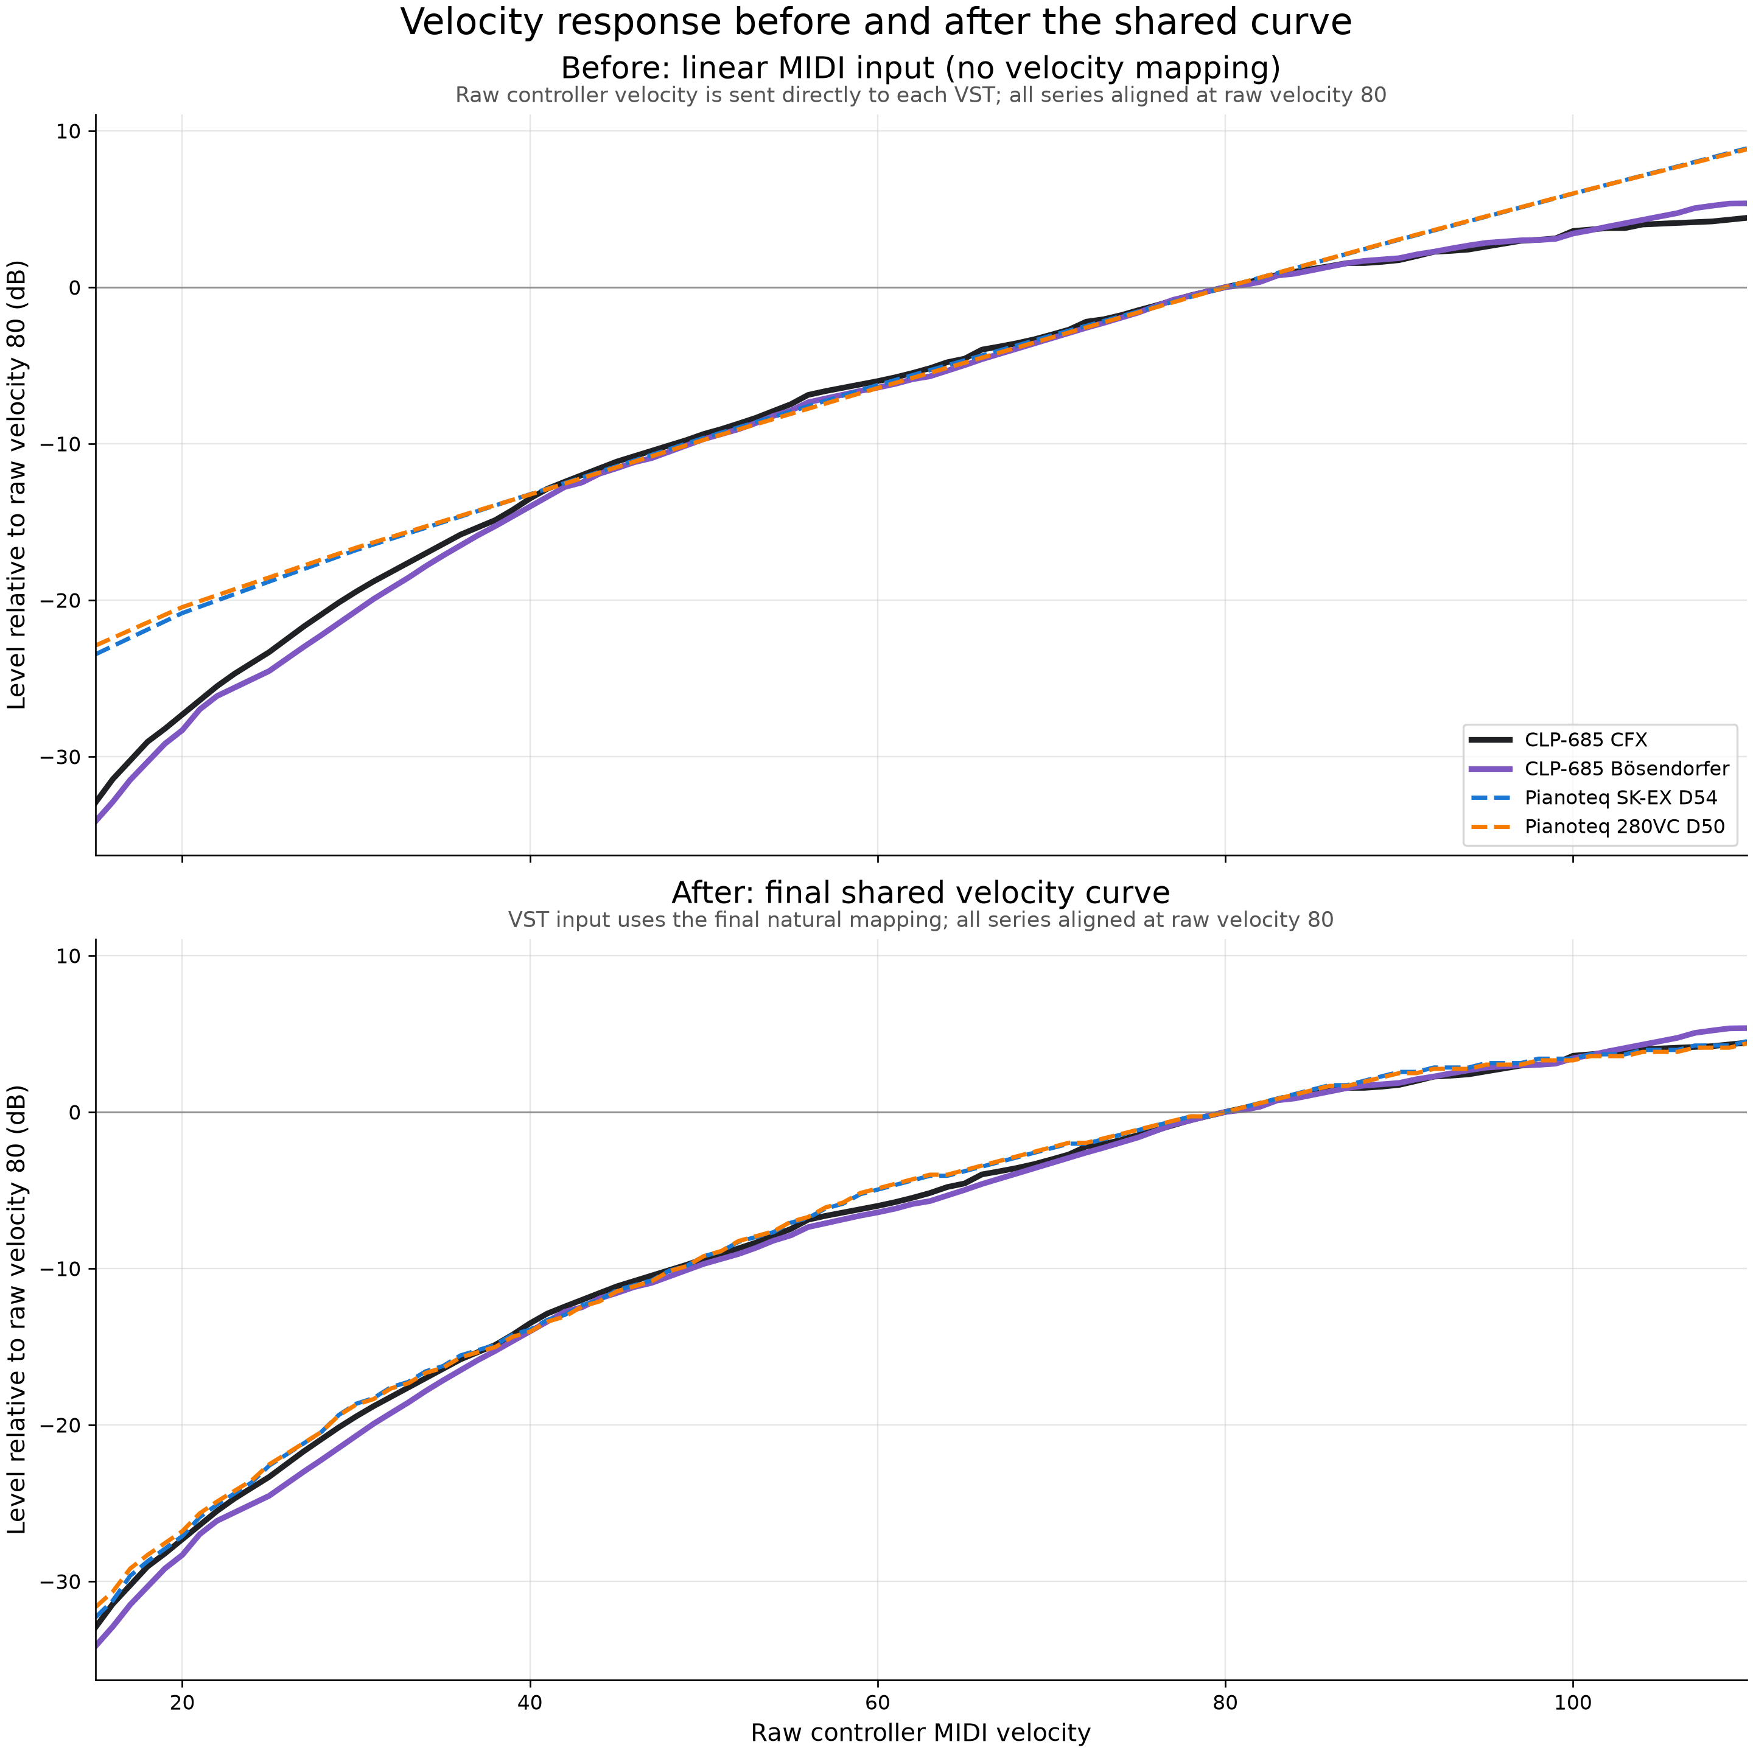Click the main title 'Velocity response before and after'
pos(876,22)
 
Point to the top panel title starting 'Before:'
pos(920,68)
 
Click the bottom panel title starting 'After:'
pos(920,893)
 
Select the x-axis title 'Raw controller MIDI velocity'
pos(920,1732)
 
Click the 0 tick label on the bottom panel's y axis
pos(75,1113)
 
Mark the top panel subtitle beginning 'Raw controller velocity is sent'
pos(920,96)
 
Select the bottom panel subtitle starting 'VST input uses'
pos(920,920)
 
